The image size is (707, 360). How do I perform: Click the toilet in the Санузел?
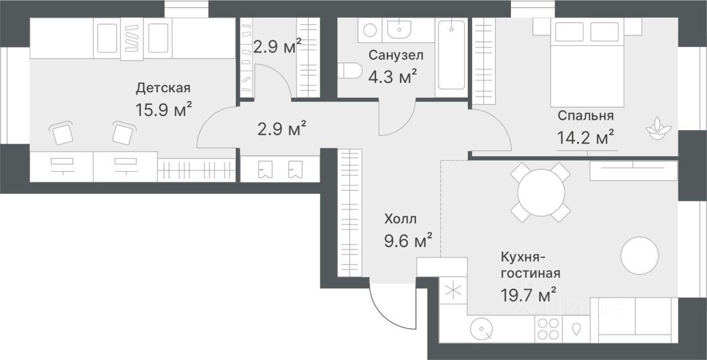[x=350, y=70]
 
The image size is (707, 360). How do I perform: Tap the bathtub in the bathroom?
[x=451, y=55]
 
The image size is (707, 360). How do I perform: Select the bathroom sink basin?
[x=399, y=29]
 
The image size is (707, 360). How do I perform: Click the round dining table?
[x=541, y=193]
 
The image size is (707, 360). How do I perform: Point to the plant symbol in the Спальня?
[x=658, y=129]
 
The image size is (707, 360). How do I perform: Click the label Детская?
[x=163, y=88]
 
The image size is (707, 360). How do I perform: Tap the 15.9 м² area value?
[x=163, y=109]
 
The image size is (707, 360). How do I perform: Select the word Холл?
[x=400, y=219]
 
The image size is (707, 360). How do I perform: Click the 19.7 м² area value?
[x=529, y=295]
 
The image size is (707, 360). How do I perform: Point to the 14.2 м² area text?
[x=585, y=137]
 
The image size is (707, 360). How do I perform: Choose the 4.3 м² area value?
[x=392, y=76]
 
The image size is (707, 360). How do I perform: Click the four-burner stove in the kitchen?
[x=548, y=329]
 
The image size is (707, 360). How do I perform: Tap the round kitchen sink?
[x=481, y=329]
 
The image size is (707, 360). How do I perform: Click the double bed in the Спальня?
[x=587, y=62]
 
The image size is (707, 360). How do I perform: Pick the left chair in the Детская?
[x=62, y=134]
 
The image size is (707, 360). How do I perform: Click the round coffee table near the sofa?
[x=640, y=256]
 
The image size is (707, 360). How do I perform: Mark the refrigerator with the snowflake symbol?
[x=453, y=290]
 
